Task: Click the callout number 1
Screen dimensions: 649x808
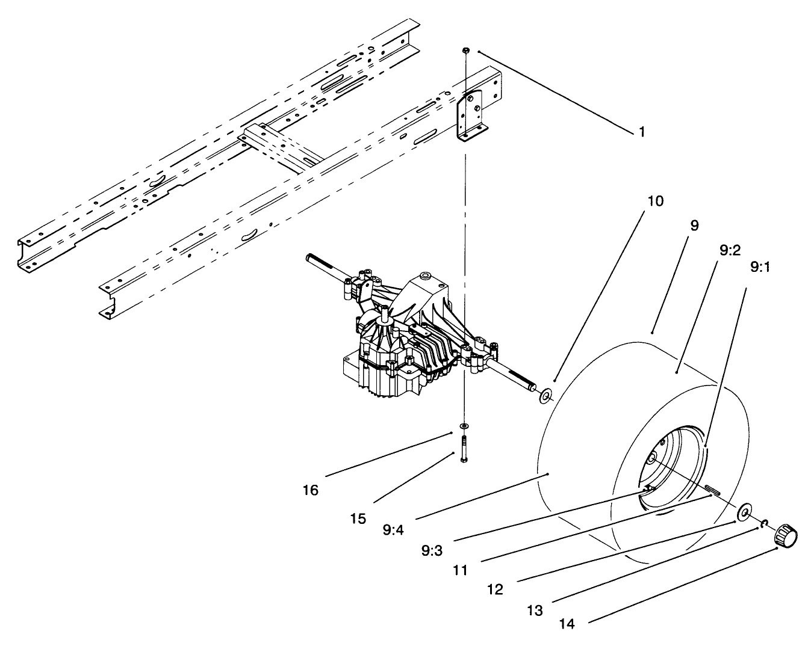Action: coord(642,132)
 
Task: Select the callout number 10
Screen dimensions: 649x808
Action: coord(655,201)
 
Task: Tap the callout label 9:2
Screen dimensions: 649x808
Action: coord(729,249)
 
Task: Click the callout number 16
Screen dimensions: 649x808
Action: coord(310,490)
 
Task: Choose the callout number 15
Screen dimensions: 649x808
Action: coord(358,518)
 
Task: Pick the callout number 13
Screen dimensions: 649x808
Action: coord(534,611)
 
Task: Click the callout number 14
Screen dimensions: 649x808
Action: coord(566,624)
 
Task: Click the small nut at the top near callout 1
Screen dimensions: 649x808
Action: coord(465,49)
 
